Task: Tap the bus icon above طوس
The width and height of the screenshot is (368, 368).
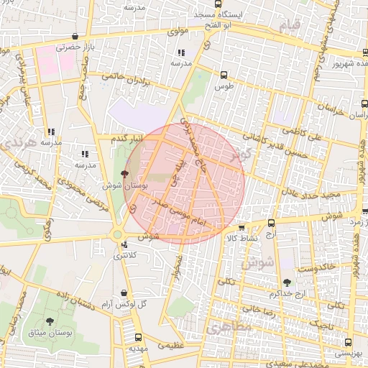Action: (224, 75)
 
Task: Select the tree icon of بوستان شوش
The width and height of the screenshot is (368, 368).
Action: (125, 173)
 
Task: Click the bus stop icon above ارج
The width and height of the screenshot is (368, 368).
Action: (271, 224)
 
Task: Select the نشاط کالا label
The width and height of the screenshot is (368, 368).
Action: (236, 237)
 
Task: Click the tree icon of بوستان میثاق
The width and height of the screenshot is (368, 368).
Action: (50, 321)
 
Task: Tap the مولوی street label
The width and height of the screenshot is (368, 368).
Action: (177, 32)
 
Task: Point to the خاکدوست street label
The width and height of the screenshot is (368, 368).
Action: (320, 267)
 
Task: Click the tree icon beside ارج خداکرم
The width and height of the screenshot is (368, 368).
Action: (287, 282)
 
